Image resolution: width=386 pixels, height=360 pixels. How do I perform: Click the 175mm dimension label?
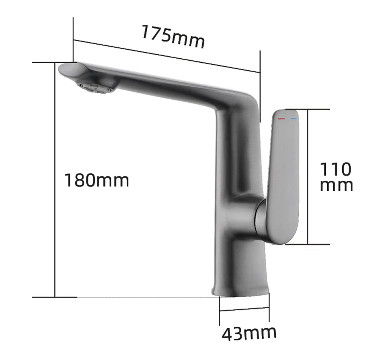pyautogui.click(x=172, y=37)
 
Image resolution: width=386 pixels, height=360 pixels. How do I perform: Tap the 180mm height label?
pyautogui.click(x=97, y=180)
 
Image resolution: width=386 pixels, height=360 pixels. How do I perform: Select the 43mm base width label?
pyautogui.click(x=249, y=333)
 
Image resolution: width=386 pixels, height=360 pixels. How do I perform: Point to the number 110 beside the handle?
pyautogui.click(x=335, y=169)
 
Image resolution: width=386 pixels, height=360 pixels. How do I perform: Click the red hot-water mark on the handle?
pyautogui.click(x=281, y=119)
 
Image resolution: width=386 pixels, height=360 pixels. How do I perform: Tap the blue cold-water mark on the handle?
pyautogui.click(x=293, y=119)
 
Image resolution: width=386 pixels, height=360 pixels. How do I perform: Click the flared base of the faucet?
pyautogui.click(x=240, y=285)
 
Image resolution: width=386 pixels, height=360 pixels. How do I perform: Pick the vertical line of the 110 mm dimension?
pyautogui.click(x=308, y=177)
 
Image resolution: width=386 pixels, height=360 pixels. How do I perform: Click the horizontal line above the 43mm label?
pyautogui.click(x=244, y=310)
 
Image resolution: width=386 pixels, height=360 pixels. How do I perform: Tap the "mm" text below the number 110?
pyautogui.click(x=337, y=186)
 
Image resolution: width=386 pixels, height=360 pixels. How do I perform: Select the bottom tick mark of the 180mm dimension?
pyautogui.click(x=54, y=297)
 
